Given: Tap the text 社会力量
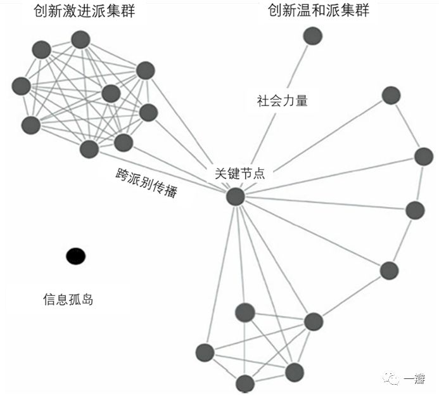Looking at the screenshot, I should pos(282,100).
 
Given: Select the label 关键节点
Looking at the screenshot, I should pos(240,173).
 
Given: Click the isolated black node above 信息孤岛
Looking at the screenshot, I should pos(75,256).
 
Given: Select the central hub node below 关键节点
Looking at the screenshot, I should pos(236,196).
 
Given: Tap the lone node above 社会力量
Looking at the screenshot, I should pos(312,35).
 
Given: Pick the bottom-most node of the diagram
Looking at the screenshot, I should pos(245,383).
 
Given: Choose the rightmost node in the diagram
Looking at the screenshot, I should pos(424,156).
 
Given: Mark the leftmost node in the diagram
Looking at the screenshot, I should pos(21,85).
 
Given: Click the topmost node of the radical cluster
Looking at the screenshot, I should pos(80,39).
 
